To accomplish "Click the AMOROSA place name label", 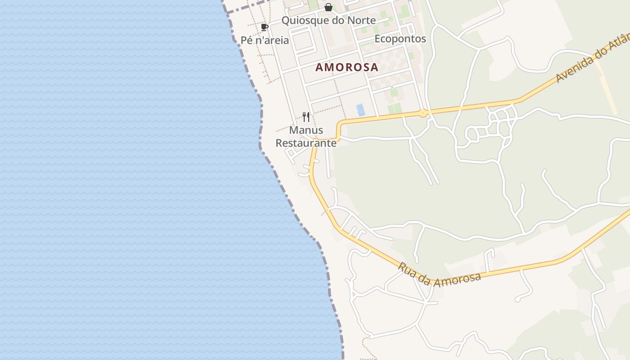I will point(346,67).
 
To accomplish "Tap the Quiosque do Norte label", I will point(328,20).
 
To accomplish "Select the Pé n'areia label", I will point(265,40).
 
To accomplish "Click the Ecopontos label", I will point(400,39).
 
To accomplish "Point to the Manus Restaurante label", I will point(306,137).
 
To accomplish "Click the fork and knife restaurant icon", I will point(306,117).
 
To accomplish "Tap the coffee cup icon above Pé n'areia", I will point(265,27).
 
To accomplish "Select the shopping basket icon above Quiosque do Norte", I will point(328,7).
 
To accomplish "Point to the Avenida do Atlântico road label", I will point(592,58).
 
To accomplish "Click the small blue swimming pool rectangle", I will point(360,110).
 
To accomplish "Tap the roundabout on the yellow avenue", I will point(423,113).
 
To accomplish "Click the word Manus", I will point(306,130).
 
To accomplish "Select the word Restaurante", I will point(306,143).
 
